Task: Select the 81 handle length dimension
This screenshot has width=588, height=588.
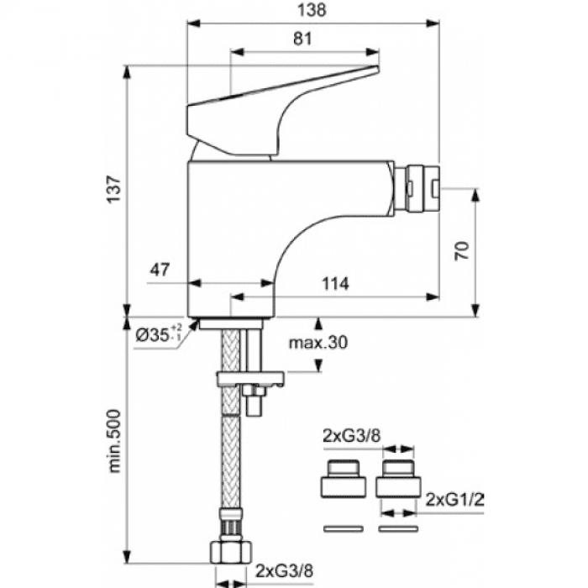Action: pyautogui.click(x=303, y=38)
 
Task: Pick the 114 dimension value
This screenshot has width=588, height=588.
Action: pyautogui.click(x=334, y=284)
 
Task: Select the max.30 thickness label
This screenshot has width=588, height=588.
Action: pyautogui.click(x=318, y=343)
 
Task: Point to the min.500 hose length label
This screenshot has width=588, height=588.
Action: pyautogui.click(x=116, y=454)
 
